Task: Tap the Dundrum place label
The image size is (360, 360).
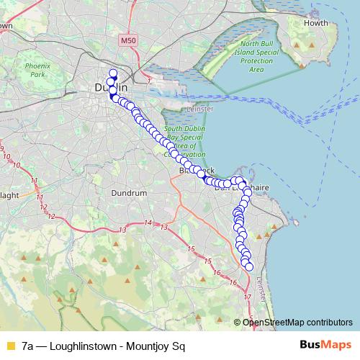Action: [x=130, y=193]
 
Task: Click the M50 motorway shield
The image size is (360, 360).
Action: [x=129, y=41]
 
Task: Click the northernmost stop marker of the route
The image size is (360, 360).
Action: [x=112, y=72]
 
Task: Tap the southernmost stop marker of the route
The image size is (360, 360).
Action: [x=250, y=267]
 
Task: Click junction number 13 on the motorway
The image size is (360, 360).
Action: [x=124, y=230]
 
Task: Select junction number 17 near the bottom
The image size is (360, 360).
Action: [x=247, y=297]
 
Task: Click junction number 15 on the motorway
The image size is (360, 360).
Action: [x=191, y=249]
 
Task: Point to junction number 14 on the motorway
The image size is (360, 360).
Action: [x=148, y=223]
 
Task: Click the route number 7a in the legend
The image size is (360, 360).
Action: [x=28, y=346]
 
